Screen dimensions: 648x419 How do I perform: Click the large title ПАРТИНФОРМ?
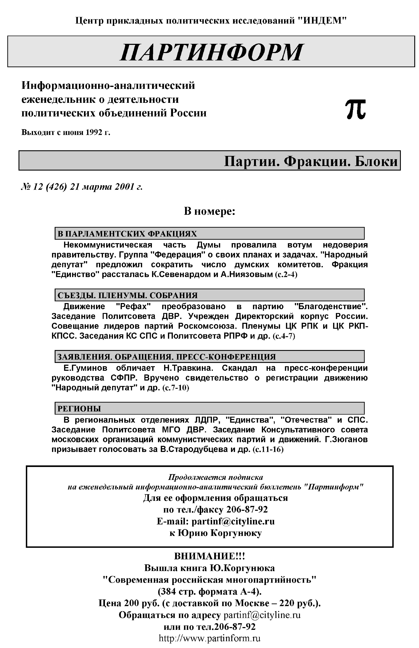pos(211,52)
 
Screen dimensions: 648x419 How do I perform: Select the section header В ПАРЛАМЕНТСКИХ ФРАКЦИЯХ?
pos(127,234)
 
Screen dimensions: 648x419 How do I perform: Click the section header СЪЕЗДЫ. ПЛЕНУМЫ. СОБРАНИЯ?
pos(127,295)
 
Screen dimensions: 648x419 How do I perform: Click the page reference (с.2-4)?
pos(286,274)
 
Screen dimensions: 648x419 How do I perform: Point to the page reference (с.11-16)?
pos(268,449)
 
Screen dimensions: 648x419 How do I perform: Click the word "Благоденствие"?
pos(331,307)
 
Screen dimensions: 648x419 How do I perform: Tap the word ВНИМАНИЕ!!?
pos(209,556)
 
